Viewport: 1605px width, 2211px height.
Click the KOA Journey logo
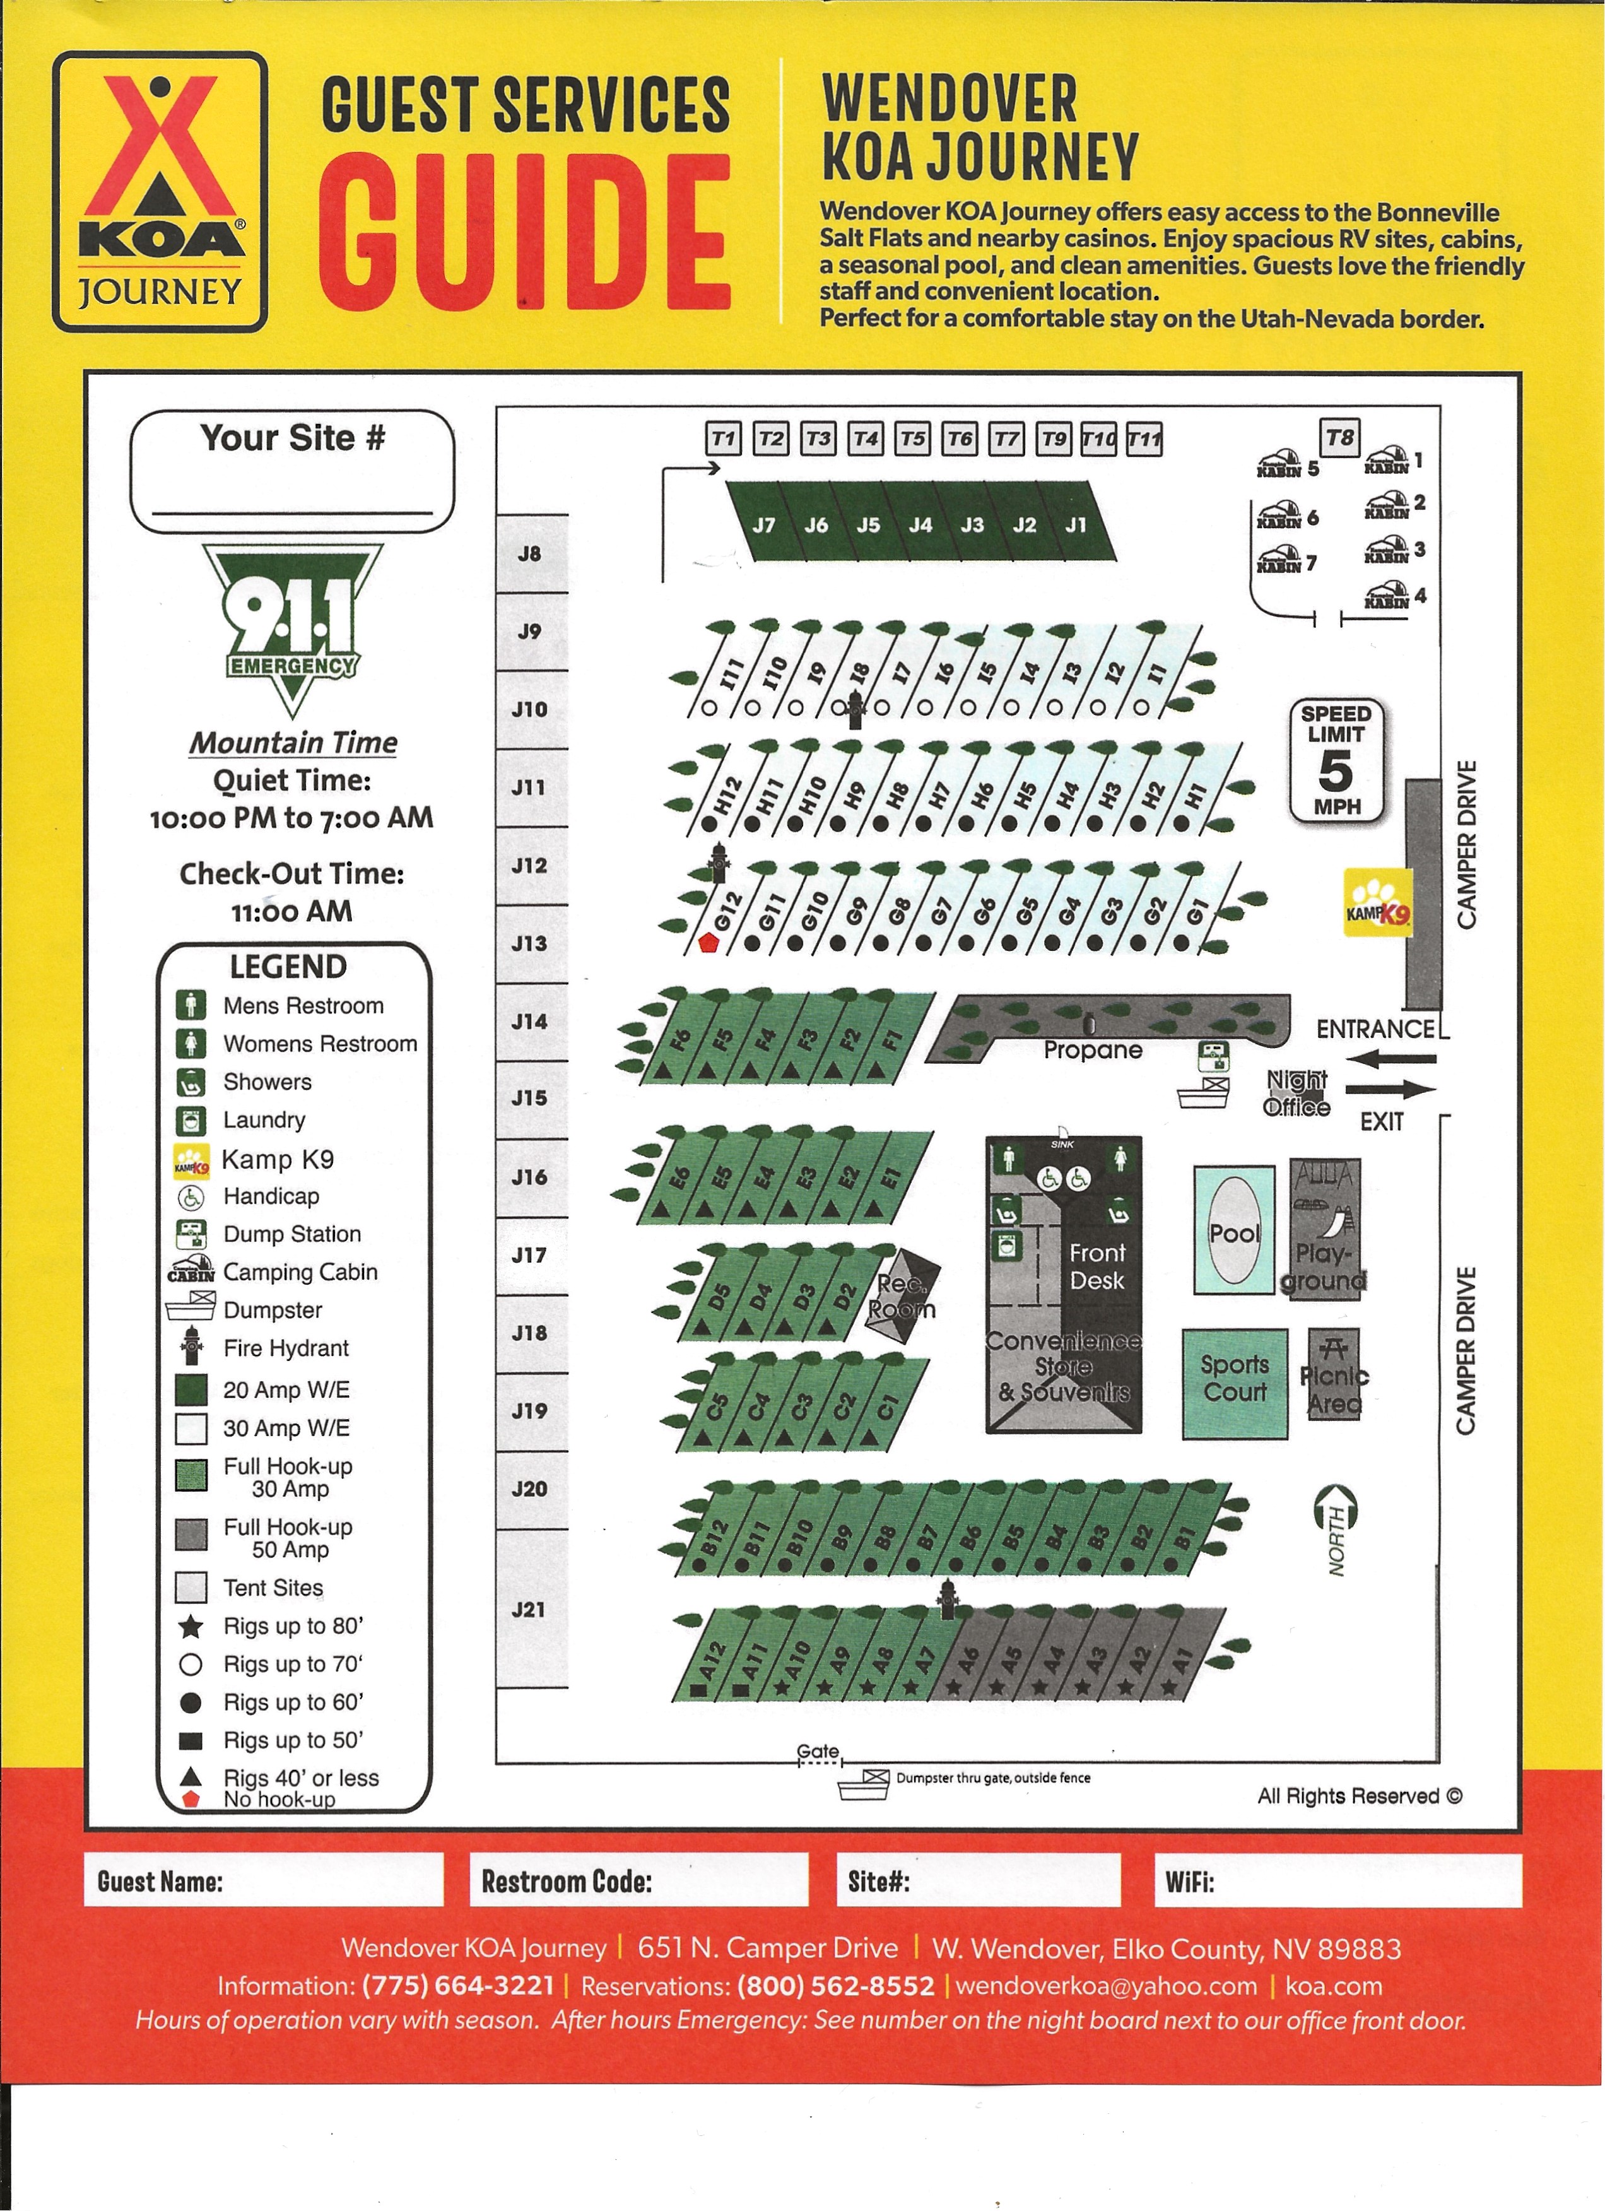click(x=160, y=191)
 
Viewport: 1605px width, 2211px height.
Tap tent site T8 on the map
click(x=1340, y=438)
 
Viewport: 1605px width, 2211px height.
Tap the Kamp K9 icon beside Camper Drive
click(x=1378, y=903)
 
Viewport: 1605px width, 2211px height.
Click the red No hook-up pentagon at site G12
click(x=708, y=943)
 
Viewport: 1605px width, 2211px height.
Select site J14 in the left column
click(x=529, y=1022)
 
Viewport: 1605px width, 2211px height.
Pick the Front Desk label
click(x=1097, y=1266)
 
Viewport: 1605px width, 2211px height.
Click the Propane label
click(x=1093, y=1050)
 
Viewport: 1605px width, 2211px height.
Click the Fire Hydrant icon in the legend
click(x=191, y=1347)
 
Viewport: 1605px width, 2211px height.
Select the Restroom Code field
click(x=638, y=1880)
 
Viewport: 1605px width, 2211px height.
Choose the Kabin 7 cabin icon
click(x=1279, y=562)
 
